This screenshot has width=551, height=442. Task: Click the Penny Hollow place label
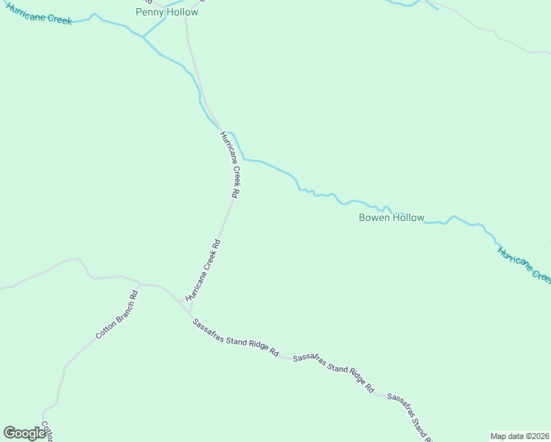pyautogui.click(x=167, y=12)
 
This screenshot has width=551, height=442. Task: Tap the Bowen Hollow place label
pyautogui.click(x=391, y=217)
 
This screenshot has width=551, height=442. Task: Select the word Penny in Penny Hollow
pyautogui.click(x=151, y=12)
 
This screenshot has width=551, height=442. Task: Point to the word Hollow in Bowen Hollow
pyautogui.click(x=409, y=217)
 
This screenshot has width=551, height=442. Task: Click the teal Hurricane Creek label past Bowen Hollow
pyautogui.click(x=524, y=265)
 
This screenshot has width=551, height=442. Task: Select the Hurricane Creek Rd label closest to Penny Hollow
pyautogui.click(x=230, y=165)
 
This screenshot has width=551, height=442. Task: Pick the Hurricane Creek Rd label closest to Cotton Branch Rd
pyautogui.click(x=203, y=268)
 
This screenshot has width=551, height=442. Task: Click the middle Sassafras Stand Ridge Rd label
pyautogui.click(x=333, y=373)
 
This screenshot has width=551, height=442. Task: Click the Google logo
pyautogui.click(x=24, y=433)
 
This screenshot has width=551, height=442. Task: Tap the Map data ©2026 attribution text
pyautogui.click(x=519, y=435)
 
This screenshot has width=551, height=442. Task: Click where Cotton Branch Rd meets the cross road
pyautogui.click(x=139, y=284)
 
